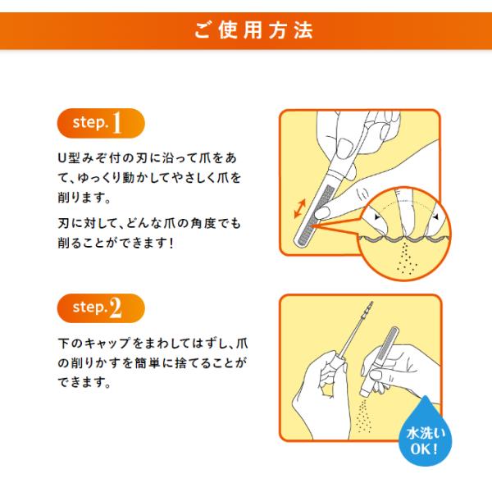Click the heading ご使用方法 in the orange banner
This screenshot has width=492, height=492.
point(253,31)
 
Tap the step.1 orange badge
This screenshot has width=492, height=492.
point(101,123)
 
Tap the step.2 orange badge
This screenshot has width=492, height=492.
point(101,308)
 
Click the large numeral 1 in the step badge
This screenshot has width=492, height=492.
point(116,123)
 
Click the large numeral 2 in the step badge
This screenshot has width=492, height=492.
point(115,307)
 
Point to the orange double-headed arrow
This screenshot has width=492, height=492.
point(299,208)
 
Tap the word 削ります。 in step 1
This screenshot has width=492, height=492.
point(84,198)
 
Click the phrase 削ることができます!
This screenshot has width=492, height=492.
point(116,244)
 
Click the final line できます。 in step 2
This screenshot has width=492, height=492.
point(84,382)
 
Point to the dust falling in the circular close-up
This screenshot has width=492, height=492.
point(406,259)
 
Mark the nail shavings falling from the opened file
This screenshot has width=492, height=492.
point(365,417)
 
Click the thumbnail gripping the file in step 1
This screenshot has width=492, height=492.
point(345,148)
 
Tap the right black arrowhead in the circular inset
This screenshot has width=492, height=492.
point(435,217)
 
